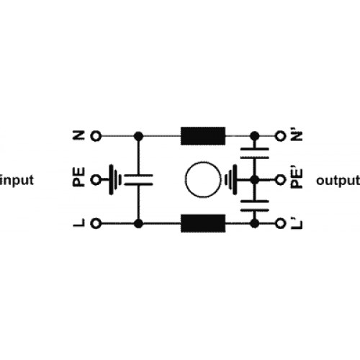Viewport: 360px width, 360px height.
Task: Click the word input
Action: tap(17, 181)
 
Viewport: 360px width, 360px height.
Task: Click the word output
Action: tap(338, 181)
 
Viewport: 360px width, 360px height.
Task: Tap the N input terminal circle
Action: tap(96, 136)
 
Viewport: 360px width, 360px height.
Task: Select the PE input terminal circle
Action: tap(96, 180)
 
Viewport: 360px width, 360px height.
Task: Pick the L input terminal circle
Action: tap(96, 224)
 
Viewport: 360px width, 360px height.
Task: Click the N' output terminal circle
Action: tap(280, 136)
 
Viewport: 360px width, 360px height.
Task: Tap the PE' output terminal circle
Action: tap(280, 180)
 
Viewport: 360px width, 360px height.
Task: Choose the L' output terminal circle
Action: tap(280, 224)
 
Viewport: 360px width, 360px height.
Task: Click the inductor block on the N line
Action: tap(203, 136)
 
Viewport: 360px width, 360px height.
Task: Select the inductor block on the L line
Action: tap(203, 223)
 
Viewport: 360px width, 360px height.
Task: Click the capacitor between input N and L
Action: tap(138, 180)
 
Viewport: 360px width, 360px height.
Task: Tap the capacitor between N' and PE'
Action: tap(255, 153)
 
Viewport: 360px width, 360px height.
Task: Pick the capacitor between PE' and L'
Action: tap(255, 206)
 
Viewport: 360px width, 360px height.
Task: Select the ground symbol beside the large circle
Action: tap(231, 180)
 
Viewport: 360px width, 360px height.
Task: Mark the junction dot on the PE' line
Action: tap(255, 180)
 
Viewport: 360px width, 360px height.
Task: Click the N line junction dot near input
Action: tap(138, 136)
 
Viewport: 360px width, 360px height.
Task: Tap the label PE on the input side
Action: tap(78, 177)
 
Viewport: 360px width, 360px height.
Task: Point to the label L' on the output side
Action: tap(297, 224)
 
